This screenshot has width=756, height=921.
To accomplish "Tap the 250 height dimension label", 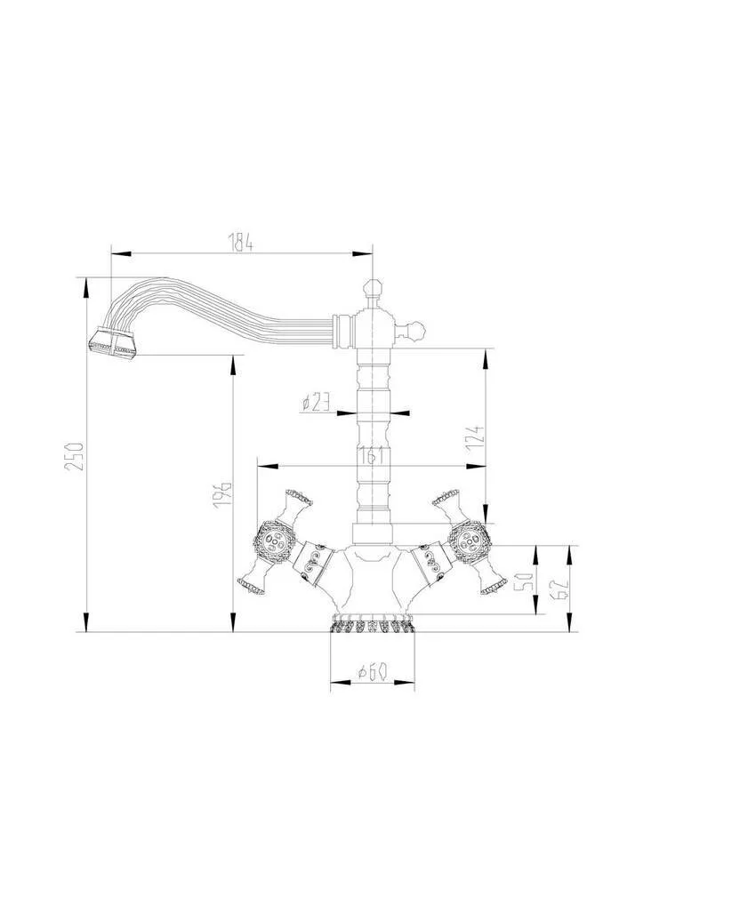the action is (x=76, y=456).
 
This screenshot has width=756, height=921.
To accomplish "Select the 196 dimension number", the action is (x=222, y=494).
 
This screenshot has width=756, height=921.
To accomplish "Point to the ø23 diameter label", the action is (x=316, y=402).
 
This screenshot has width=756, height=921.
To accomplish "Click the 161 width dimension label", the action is (x=372, y=456).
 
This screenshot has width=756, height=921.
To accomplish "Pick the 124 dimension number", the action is (x=477, y=438).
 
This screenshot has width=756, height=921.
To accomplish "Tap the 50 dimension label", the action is (x=526, y=581).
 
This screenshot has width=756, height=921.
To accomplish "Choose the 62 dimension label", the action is (x=559, y=588).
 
